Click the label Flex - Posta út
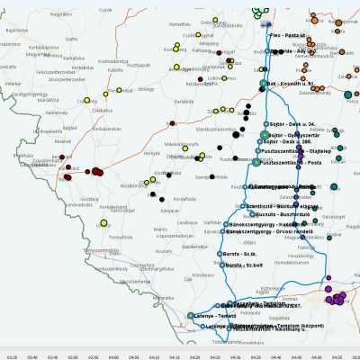coord(292,34)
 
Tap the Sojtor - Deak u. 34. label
coord(297,122)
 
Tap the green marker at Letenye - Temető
coord(191,315)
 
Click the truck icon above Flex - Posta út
coord(270,25)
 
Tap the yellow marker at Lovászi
coord(104,221)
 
